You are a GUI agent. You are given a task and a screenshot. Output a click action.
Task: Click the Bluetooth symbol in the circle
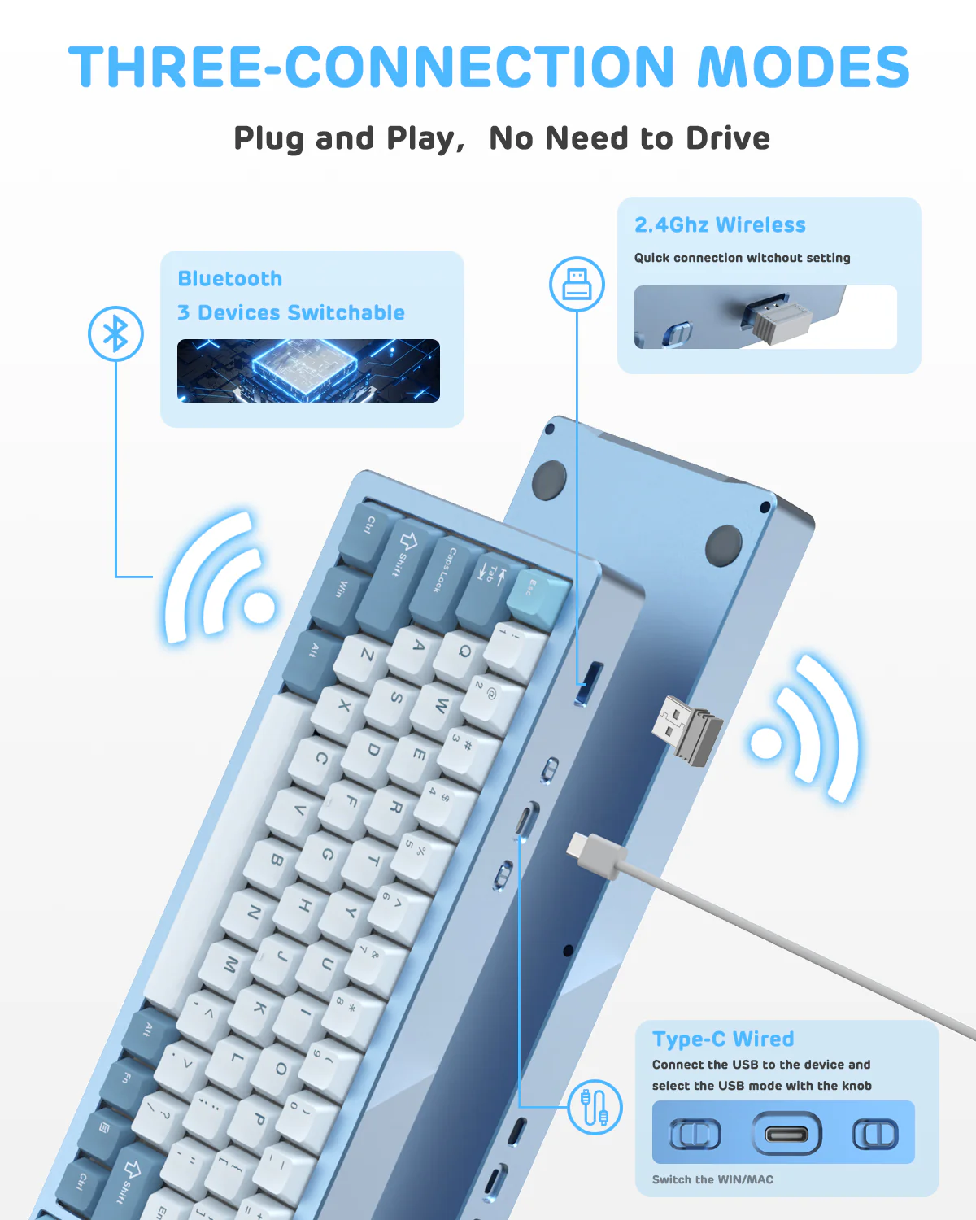[115, 333]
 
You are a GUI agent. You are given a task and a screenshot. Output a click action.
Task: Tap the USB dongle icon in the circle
[577, 284]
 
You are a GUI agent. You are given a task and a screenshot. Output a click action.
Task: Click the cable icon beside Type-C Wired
[595, 1107]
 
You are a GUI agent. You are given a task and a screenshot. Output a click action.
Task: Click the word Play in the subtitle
[421, 138]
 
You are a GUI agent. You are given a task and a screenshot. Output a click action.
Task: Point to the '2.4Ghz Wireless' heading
[720, 224]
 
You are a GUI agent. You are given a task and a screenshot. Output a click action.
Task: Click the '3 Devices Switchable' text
[291, 312]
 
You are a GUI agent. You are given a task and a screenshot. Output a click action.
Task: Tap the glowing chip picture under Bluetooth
[308, 371]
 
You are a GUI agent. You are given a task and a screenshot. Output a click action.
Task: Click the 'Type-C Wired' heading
[723, 1039]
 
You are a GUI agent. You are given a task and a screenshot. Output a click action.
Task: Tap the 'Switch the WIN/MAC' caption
[712, 1179]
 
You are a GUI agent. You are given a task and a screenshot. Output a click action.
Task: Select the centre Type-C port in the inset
[786, 1133]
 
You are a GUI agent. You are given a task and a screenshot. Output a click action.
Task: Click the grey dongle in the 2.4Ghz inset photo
[776, 320]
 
